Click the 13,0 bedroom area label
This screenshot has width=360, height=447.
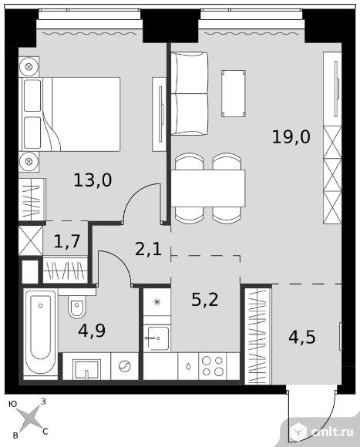click(93, 180)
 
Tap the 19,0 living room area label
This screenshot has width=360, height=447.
click(291, 137)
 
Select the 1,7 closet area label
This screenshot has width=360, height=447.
click(66, 242)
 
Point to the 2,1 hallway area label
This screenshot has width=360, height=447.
click(149, 249)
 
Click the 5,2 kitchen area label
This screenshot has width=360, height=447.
click(205, 300)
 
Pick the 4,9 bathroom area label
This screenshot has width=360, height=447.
click(92, 331)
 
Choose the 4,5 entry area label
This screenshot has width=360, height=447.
click(302, 338)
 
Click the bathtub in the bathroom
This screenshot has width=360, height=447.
click(40, 334)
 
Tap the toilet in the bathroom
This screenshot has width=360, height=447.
click(76, 306)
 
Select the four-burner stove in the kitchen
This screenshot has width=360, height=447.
click(212, 366)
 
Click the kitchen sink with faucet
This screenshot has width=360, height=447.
click(156, 338)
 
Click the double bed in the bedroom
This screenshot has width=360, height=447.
click(69, 114)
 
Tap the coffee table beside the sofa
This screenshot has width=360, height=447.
click(234, 93)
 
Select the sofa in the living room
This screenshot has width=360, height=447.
click(190, 93)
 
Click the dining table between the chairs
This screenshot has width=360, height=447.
click(208, 188)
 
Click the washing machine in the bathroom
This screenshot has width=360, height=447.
click(125, 366)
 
